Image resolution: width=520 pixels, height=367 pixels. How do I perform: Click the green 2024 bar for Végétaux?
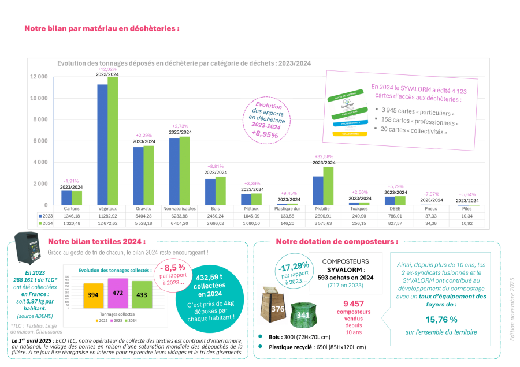[x=113, y=141]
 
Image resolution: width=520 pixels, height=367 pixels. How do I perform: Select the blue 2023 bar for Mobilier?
[x=318, y=190]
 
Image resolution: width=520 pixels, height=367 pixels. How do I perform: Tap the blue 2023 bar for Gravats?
[x=138, y=176]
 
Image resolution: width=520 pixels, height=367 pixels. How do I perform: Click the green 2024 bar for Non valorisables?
[x=184, y=170]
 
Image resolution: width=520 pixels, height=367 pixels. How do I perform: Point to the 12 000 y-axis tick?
[x=39, y=77]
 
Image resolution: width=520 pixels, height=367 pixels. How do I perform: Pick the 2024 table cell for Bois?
[x=215, y=222]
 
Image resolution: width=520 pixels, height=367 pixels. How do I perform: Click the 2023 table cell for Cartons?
[x=72, y=215]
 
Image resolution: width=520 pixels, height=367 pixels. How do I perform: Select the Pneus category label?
[x=430, y=208]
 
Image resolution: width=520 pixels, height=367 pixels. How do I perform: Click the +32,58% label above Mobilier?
[x=323, y=156]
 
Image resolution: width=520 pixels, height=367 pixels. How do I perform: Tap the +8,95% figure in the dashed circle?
[x=265, y=134]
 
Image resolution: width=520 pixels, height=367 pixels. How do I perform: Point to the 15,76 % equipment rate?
[x=442, y=319]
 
